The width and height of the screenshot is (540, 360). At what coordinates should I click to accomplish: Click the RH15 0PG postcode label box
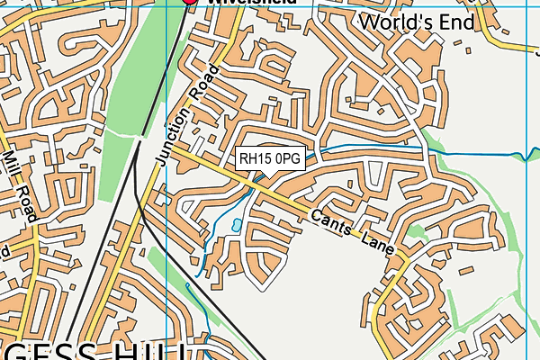click(271, 159)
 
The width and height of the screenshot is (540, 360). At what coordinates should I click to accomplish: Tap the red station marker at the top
click(190, 3)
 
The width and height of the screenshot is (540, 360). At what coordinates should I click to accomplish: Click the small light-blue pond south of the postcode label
click(237, 225)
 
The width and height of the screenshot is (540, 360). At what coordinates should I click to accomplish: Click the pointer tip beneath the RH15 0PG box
click(261, 177)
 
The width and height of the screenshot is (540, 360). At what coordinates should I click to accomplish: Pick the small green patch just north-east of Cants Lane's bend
click(415, 231)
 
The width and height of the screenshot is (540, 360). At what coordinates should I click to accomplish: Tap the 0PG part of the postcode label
click(287, 159)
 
